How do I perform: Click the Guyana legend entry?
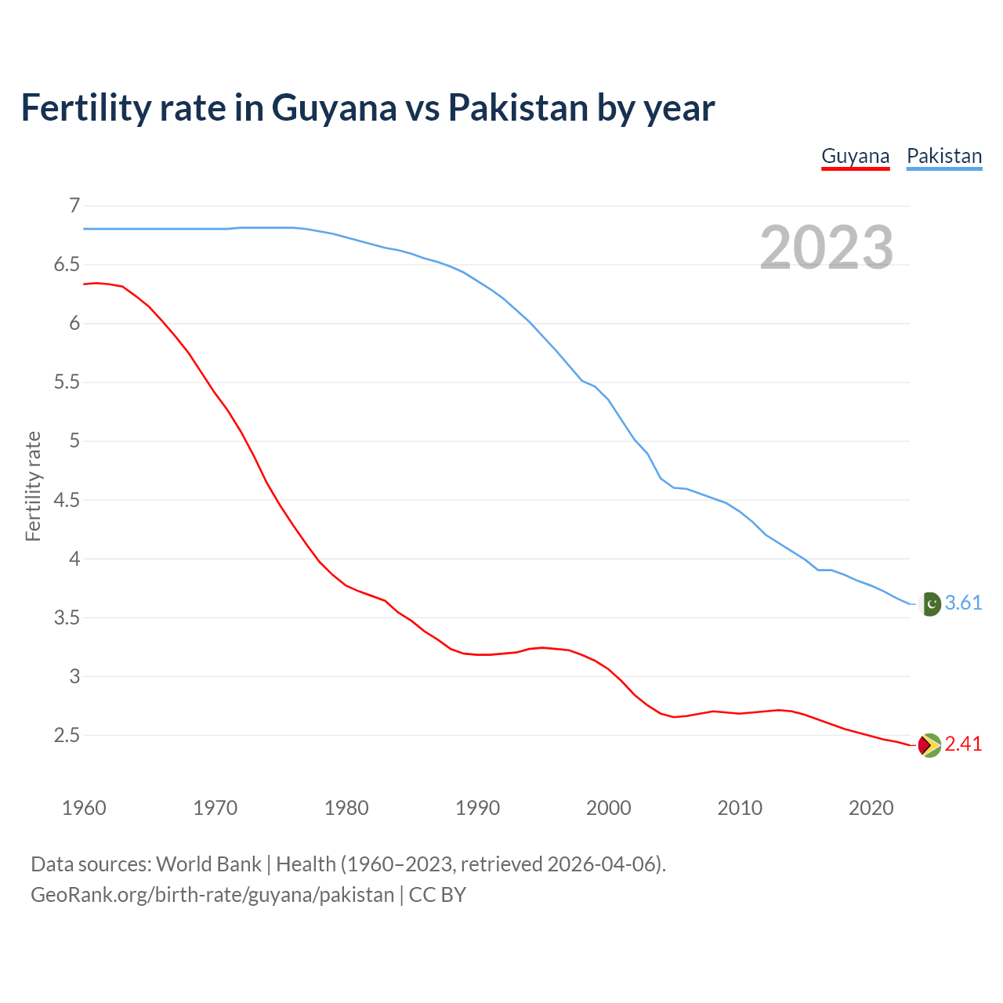click(855, 156)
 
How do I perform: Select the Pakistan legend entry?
click(943, 156)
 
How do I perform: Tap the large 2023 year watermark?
click(826, 248)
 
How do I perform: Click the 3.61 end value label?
click(963, 603)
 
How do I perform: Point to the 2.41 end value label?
click(963, 744)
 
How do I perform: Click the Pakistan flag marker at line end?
click(929, 604)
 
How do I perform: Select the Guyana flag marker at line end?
click(929, 745)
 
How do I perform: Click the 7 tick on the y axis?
click(74, 206)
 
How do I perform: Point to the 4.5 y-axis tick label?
click(67, 500)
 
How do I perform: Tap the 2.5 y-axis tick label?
click(67, 735)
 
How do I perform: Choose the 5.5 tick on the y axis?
click(67, 382)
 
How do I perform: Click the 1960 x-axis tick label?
click(84, 808)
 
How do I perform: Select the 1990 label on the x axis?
click(477, 808)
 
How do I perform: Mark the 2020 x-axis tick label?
click(871, 808)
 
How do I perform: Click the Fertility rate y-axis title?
click(33, 486)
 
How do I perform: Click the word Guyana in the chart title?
click(334, 107)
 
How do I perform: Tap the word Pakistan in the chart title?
click(518, 107)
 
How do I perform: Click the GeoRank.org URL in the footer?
click(212, 895)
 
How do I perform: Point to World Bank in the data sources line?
click(208, 864)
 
